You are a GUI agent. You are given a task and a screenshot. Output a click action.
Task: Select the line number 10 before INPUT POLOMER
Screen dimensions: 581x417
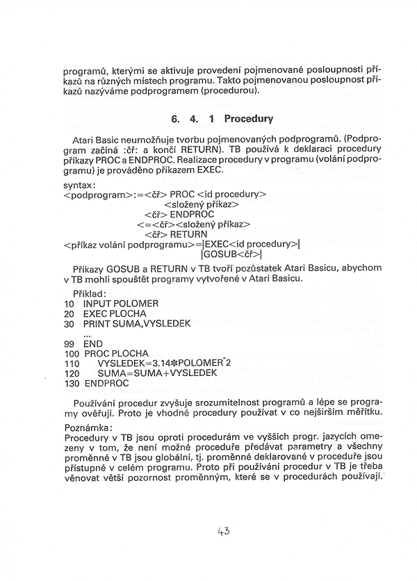coord(68,304)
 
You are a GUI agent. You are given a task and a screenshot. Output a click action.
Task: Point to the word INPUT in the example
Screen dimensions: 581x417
coord(97,304)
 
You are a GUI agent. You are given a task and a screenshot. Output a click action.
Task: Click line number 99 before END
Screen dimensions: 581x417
coord(68,343)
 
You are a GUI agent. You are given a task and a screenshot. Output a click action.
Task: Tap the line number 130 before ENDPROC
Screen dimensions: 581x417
coord(71,383)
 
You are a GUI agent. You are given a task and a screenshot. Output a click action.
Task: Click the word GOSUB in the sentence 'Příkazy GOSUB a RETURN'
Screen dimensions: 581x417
coord(128,269)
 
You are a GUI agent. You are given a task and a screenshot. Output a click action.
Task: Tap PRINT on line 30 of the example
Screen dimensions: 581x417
coord(97,324)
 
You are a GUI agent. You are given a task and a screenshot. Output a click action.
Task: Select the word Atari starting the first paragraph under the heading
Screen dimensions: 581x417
coord(84,139)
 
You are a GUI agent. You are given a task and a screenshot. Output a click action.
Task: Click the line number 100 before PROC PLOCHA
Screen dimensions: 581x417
coord(71,354)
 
